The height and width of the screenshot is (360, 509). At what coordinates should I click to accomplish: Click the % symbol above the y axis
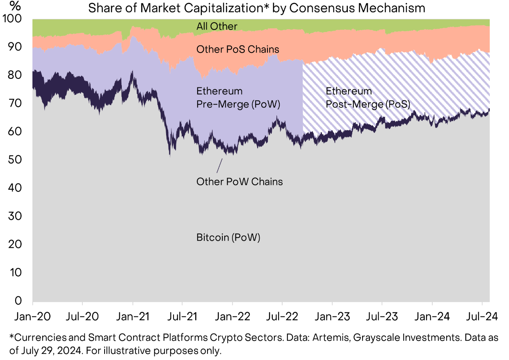15,6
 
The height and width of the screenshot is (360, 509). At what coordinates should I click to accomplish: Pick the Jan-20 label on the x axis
33,316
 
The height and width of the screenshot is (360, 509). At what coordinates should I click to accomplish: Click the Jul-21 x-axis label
182,316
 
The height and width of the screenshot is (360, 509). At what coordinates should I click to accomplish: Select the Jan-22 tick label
232,316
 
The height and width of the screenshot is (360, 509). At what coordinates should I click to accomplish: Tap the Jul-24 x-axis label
483,316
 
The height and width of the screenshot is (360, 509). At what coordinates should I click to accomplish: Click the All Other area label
217,27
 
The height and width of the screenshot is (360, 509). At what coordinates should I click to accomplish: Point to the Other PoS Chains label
238,50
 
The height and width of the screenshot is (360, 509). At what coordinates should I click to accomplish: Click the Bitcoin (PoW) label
228,237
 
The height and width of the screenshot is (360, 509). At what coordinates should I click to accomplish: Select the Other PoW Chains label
240,181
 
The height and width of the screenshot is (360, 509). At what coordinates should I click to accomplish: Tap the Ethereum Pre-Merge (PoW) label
238,98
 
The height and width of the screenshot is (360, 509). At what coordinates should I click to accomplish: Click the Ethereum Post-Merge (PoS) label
368,98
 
